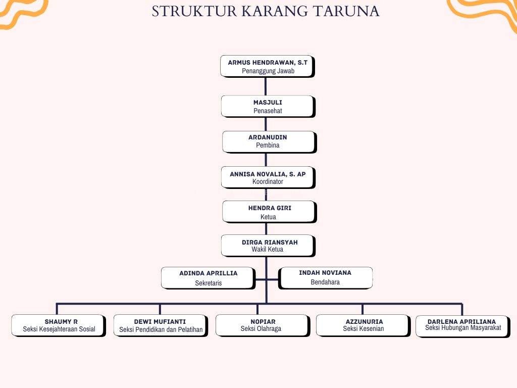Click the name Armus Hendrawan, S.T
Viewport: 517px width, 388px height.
[268, 62]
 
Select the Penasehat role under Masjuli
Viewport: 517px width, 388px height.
[268, 111]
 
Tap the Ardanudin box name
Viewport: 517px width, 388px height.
[268, 137]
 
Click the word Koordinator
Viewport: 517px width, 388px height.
[268, 181]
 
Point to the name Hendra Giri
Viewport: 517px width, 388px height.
[270, 208]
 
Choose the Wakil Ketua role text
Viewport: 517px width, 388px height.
[268, 250]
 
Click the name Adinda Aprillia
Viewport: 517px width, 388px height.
[209, 273]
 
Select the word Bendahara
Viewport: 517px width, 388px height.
[325, 282]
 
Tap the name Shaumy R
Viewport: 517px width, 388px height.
[61, 321]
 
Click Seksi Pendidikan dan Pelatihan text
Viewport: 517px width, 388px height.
[161, 329]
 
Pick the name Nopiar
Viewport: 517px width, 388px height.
[263, 321]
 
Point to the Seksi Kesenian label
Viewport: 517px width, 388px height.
[364, 328]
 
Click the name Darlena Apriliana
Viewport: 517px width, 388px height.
[461, 321]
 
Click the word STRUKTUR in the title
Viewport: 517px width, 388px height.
[194, 12]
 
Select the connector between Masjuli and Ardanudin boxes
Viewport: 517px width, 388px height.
[266, 124]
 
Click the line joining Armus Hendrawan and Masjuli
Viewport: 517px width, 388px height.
[266, 86]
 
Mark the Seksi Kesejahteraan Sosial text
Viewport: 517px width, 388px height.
[59, 329]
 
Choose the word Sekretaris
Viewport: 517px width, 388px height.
[209, 283]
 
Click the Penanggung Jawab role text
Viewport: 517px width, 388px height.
[268, 71]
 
